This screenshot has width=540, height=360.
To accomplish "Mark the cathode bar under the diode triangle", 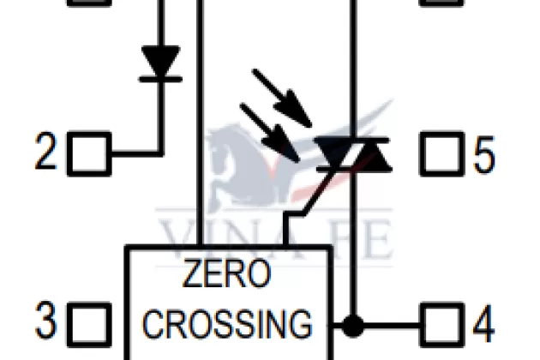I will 159,80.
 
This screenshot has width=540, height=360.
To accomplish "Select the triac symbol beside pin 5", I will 352,154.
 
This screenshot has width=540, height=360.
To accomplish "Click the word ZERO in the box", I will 227,276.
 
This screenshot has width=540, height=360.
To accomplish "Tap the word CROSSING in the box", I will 227,324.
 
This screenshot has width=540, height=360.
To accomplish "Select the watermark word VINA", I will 206,236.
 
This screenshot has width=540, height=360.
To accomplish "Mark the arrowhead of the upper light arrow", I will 300,111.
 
